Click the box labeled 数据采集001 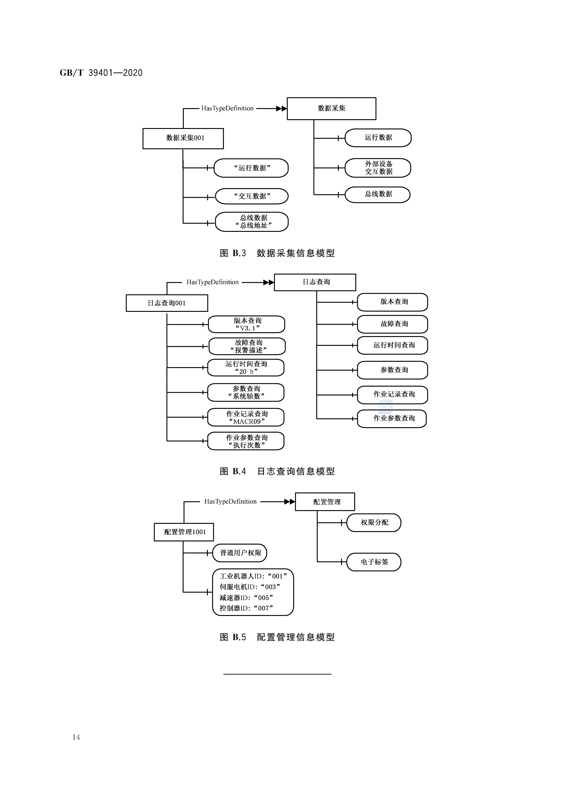[x=183, y=138]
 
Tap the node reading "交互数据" [x=252, y=196]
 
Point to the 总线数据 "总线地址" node [x=252, y=222]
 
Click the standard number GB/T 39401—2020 [x=101, y=73]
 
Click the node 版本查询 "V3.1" [x=247, y=325]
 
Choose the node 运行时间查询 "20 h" [x=246, y=368]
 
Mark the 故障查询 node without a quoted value [x=392, y=324]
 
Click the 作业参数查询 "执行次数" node [x=246, y=441]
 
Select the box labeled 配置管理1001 [x=184, y=532]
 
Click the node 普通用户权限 [x=240, y=553]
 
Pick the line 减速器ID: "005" [x=247, y=598]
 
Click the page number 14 [x=76, y=737]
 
